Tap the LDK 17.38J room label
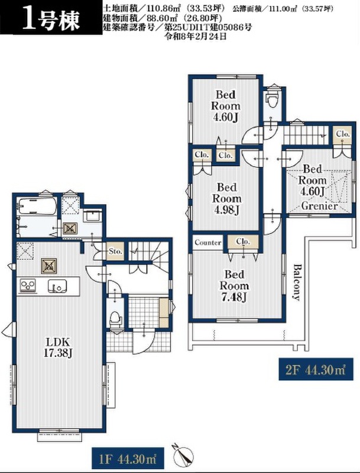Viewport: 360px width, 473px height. point(58,348)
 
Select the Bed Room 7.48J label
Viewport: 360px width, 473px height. point(234,286)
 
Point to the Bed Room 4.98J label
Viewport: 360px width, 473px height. point(227,199)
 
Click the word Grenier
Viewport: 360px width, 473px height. point(319,206)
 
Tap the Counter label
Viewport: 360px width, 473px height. point(207,242)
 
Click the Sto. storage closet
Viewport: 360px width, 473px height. point(115,251)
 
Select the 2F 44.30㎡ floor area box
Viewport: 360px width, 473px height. point(316,369)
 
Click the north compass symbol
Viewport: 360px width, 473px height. point(183,455)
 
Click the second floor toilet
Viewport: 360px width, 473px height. point(273,99)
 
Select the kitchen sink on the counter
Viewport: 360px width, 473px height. point(57,286)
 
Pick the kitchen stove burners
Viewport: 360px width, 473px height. point(28,286)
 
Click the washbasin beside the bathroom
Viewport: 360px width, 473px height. point(93,216)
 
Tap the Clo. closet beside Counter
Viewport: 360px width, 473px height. point(243,242)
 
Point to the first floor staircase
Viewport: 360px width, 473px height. point(148,255)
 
